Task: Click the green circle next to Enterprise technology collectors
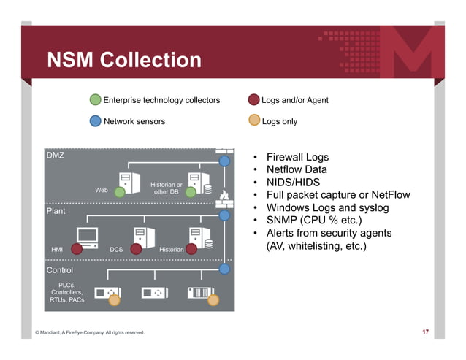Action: (x=95, y=100)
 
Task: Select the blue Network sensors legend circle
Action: (x=95, y=121)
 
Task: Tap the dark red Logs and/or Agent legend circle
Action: (x=253, y=100)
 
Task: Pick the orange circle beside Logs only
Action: (x=253, y=121)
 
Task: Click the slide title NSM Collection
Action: (x=123, y=61)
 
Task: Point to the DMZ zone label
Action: (x=56, y=156)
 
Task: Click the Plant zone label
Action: (x=56, y=211)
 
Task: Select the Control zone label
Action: (x=60, y=270)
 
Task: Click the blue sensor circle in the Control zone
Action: (x=225, y=269)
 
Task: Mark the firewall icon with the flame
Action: (x=224, y=196)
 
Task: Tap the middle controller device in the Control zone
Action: (x=155, y=293)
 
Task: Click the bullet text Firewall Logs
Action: (x=297, y=158)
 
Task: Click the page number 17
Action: (x=425, y=333)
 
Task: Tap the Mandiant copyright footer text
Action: (x=90, y=333)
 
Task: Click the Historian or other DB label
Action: (x=166, y=188)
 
